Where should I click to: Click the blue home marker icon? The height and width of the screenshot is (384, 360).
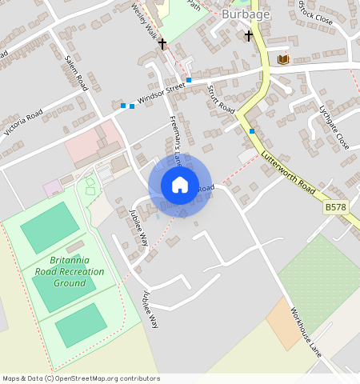[x=180, y=186]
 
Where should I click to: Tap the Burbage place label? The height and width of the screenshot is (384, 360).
[x=246, y=14]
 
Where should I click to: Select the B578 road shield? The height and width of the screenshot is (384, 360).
[x=336, y=207]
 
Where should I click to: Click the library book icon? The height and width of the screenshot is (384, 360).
[x=282, y=59]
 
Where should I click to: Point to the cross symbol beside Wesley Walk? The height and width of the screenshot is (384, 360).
[x=162, y=43]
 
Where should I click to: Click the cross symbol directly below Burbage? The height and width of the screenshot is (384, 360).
[x=249, y=36]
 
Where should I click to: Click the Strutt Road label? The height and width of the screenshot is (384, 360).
[x=220, y=98]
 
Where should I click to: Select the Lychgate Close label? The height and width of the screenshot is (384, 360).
[x=334, y=128]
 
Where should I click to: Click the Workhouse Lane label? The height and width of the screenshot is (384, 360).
[x=305, y=327]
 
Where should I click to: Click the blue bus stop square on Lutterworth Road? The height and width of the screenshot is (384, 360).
[x=252, y=130]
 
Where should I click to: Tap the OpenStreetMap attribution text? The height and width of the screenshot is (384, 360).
[x=82, y=378]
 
